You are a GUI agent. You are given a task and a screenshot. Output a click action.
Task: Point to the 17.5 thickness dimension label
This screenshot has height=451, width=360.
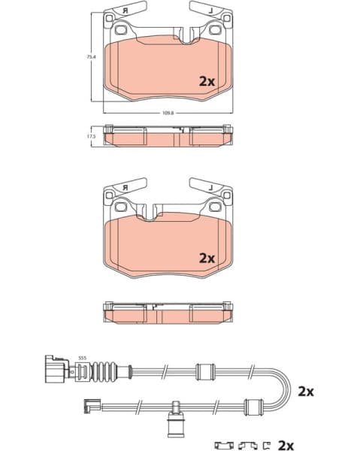[91, 136]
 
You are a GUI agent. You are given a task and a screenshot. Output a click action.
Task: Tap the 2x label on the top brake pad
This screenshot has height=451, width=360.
[207, 80]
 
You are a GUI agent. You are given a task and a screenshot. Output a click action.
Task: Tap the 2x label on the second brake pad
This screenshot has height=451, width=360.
[207, 257]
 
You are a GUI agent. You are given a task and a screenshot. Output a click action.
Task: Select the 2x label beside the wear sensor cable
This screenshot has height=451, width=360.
[304, 392]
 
